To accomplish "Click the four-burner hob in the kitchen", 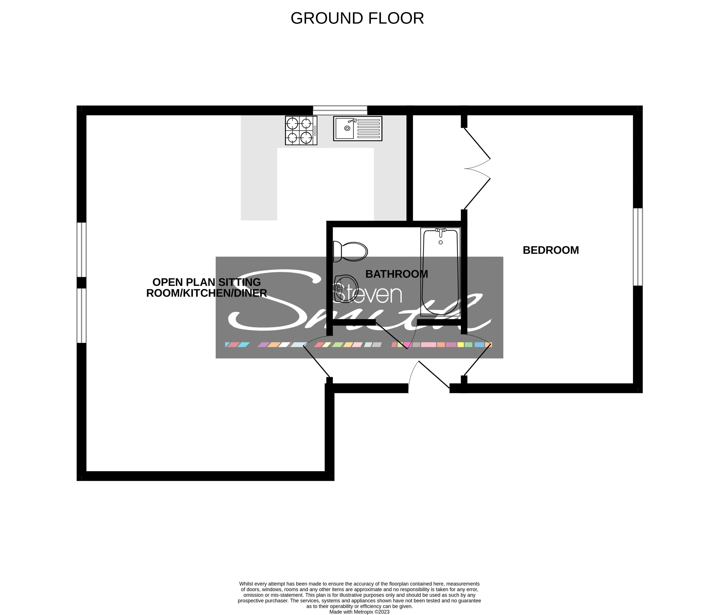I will [301, 130].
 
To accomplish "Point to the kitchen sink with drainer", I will [357, 128].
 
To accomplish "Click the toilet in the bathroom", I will [350, 251].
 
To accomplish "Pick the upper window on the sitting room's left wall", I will [81, 250].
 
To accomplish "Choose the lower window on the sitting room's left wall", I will [81, 316].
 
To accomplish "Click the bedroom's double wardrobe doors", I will [477, 169].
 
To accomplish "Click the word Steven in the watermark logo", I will [368, 295].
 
